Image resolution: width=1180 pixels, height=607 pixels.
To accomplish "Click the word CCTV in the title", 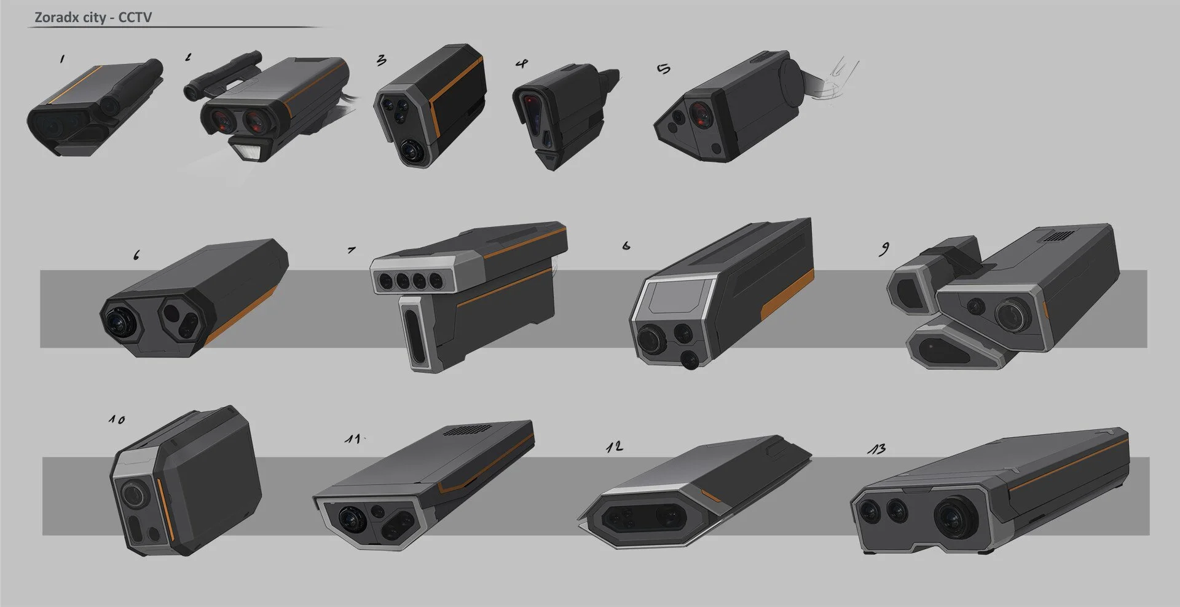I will click(135, 17).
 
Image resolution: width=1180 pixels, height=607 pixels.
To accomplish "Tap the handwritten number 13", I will click(876, 449).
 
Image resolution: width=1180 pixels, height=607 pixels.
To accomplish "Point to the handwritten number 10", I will click(117, 419).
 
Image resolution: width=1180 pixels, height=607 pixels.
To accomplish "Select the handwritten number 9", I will click(884, 248).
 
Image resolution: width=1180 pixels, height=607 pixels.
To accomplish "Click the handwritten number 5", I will click(664, 69).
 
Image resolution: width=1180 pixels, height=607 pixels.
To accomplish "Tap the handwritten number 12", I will click(614, 446).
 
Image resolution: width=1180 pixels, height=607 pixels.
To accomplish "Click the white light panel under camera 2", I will click(251, 150).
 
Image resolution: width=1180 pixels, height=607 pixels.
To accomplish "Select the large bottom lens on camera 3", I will click(411, 151).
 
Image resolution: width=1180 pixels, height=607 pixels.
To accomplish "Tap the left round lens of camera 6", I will click(120, 319).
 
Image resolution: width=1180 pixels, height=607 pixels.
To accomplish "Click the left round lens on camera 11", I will click(352, 518).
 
